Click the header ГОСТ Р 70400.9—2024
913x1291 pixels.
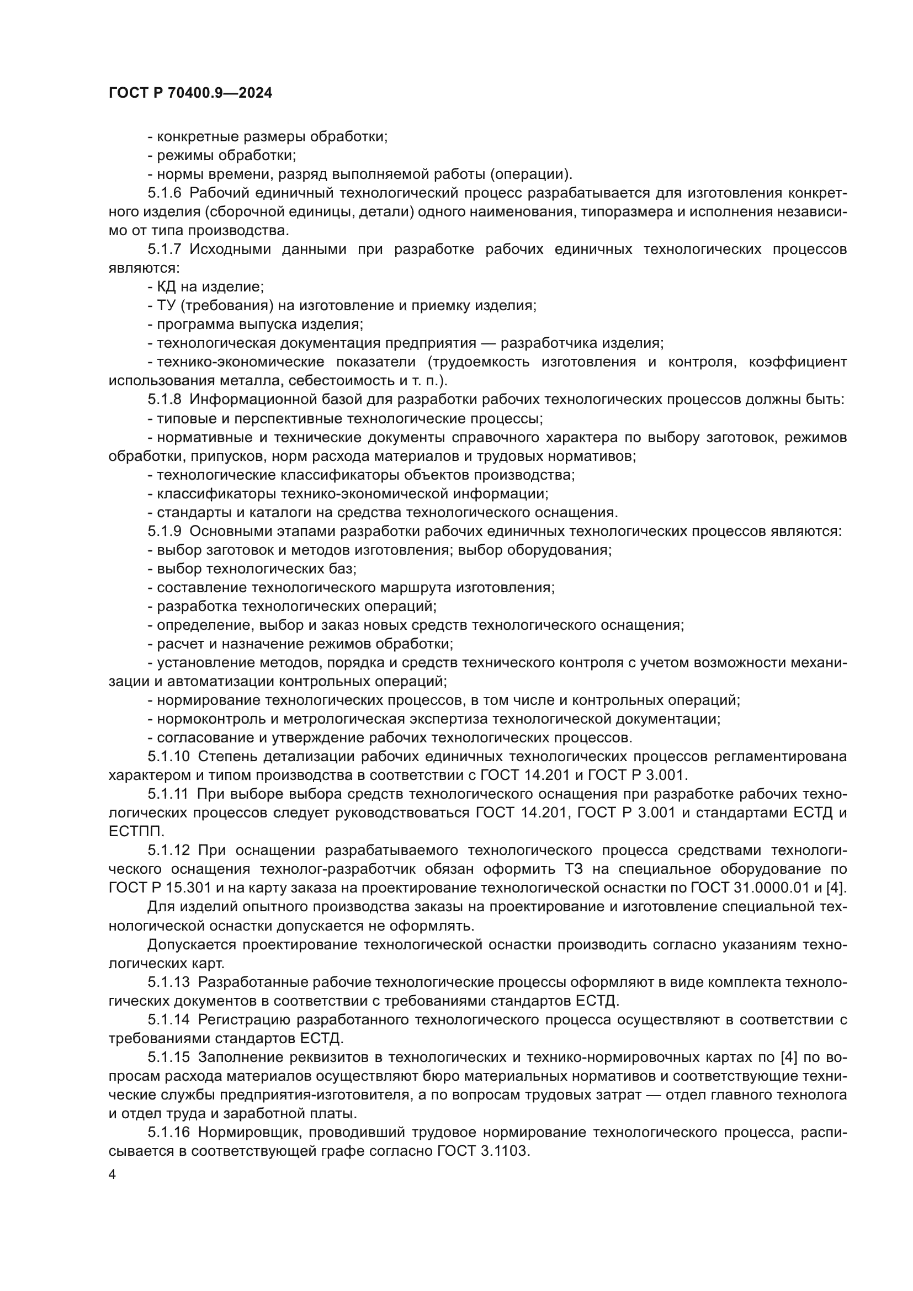click(x=190, y=93)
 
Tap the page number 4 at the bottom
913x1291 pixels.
click(x=113, y=1175)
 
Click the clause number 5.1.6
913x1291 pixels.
click(x=164, y=193)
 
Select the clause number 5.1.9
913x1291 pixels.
click(x=164, y=531)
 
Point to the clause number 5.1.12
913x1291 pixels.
click(x=169, y=849)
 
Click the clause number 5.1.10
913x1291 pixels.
click(x=169, y=756)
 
